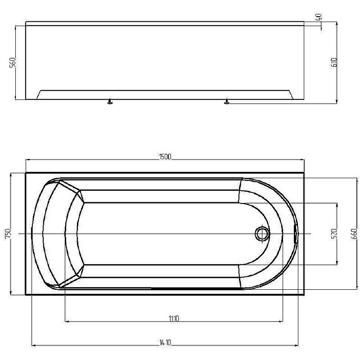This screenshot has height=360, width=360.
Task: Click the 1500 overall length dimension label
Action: coord(165,157)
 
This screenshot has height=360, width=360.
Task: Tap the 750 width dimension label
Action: coord(7,234)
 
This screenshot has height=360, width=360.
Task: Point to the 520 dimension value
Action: coord(333,234)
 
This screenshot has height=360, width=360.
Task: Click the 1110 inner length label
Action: coord(174,319)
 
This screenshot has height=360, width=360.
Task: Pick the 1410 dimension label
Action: coord(165,342)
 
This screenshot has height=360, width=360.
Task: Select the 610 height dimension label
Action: coord(333,62)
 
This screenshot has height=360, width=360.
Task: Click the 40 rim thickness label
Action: coord(319,17)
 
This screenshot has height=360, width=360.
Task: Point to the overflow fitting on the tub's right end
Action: coord(296,234)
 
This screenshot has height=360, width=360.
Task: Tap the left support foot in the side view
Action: coord(110,102)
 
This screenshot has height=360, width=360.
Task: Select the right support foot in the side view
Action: coord(227,102)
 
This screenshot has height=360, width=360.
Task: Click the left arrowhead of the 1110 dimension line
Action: coord(67,321)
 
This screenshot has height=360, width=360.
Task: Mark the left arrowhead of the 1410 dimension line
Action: coord(34,345)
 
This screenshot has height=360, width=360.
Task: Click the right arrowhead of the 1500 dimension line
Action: coord(302,159)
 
